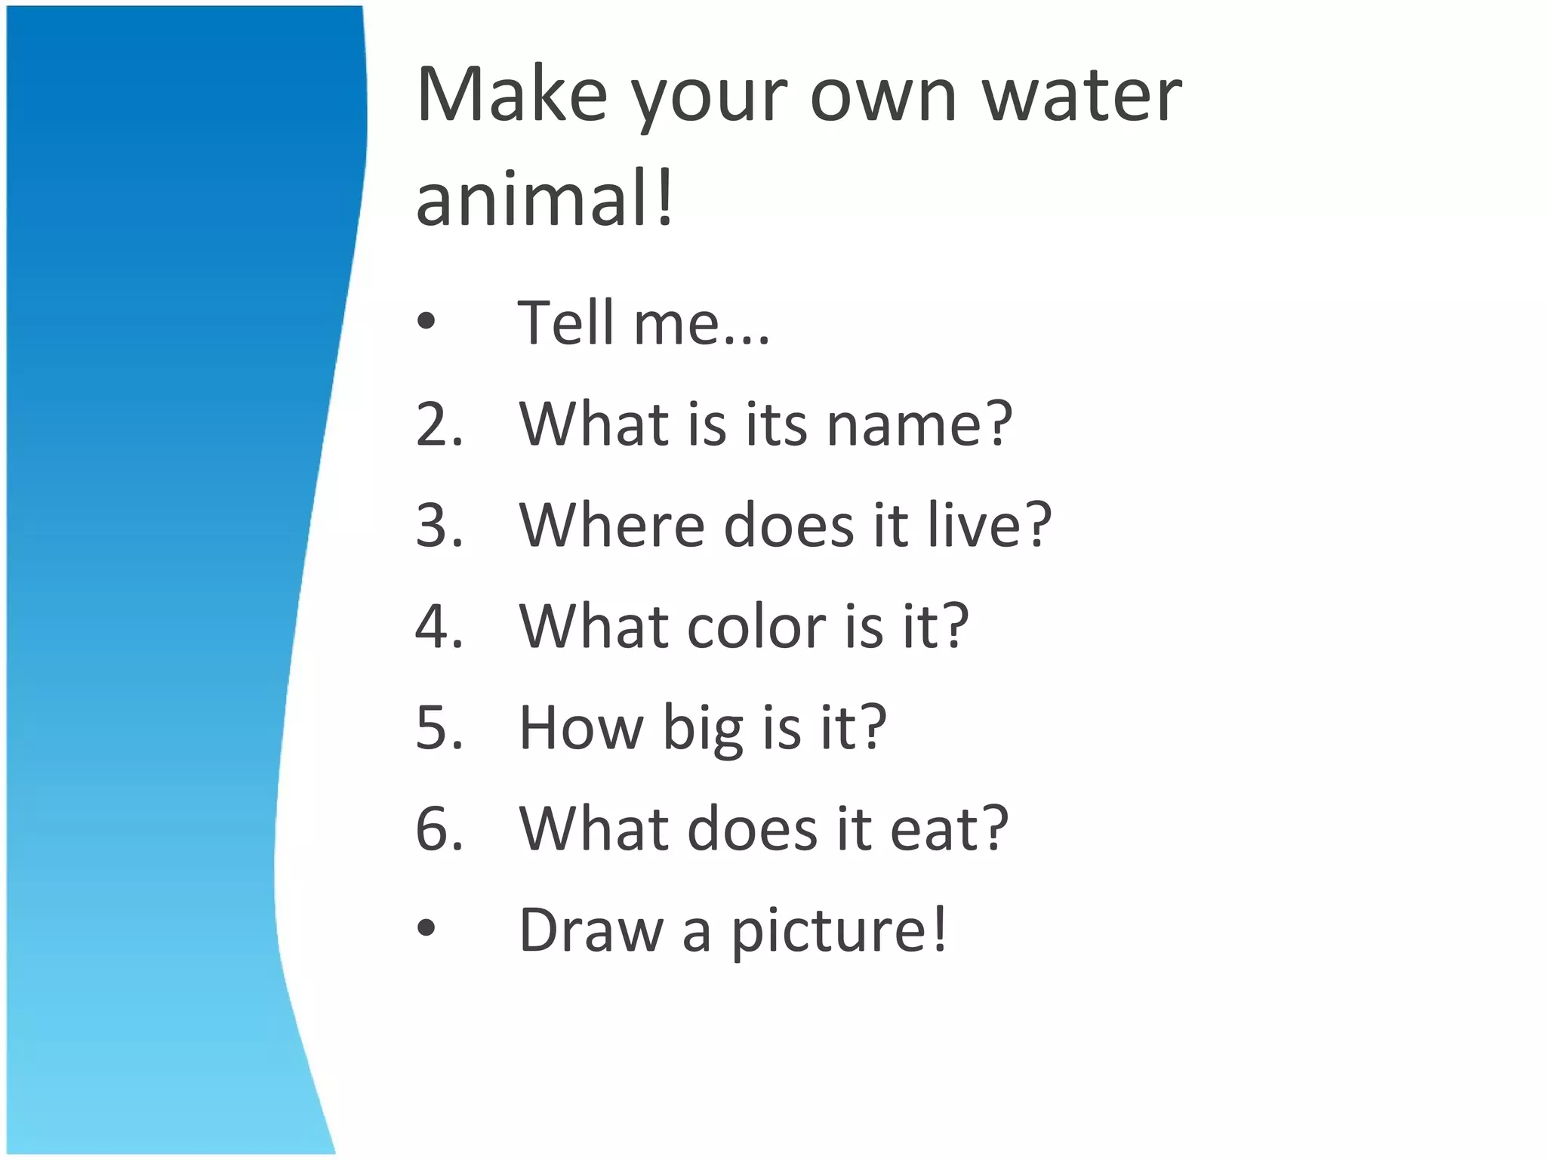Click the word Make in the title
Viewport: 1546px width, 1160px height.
tap(512, 95)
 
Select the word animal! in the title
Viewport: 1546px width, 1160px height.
tap(544, 199)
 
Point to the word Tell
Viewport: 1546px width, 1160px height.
tap(565, 322)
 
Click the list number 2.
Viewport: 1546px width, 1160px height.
tap(439, 424)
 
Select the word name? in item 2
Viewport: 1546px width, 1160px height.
tap(919, 424)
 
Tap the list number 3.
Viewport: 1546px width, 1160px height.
tap(439, 526)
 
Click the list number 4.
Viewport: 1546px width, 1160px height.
tap(439, 627)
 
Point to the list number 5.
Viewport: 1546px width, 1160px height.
tap(439, 728)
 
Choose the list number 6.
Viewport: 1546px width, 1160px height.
tap(439, 829)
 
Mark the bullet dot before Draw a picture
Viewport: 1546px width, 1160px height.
tap(427, 930)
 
